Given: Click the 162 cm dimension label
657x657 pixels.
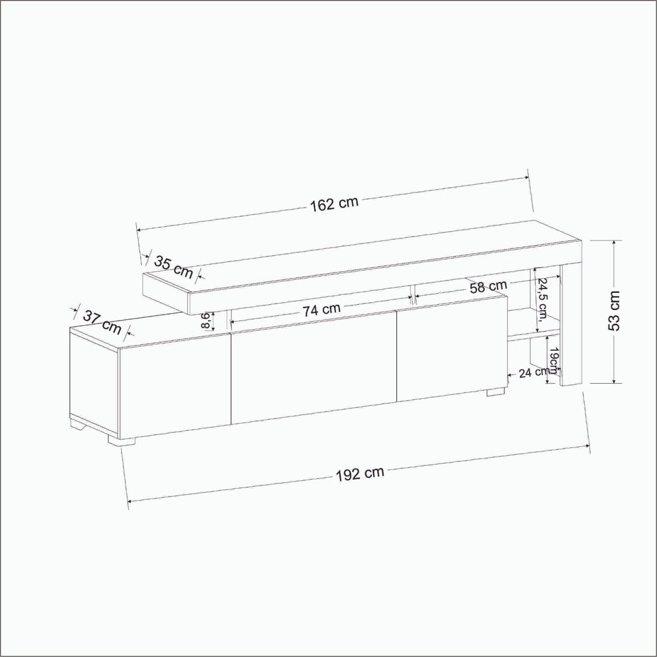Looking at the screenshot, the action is pos(334,204).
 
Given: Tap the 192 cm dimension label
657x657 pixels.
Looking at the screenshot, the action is pos(360,474).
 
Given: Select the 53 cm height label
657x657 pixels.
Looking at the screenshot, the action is pos(614,311).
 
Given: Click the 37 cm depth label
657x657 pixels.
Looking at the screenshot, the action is pos(102,322).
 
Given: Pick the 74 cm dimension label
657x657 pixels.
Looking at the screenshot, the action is pos(321,309).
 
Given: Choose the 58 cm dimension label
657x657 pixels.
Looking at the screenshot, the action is pos(488,286).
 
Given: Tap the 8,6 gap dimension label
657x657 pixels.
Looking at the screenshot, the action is pos(206,321).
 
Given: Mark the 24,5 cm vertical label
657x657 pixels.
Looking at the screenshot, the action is pos(543,299).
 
